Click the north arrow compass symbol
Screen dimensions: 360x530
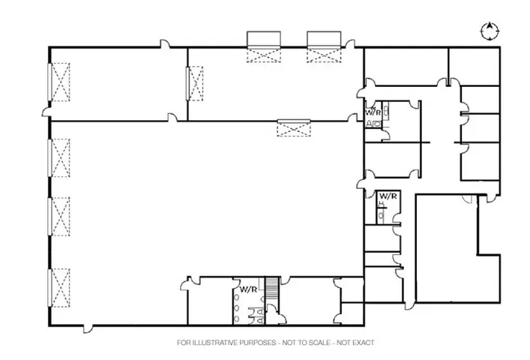490,30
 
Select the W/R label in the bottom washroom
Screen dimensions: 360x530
247,289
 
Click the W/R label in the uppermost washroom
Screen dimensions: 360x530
373,112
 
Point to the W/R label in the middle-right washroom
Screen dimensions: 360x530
388,196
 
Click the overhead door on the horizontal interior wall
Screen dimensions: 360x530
293,127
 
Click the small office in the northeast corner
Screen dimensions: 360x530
474,66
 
